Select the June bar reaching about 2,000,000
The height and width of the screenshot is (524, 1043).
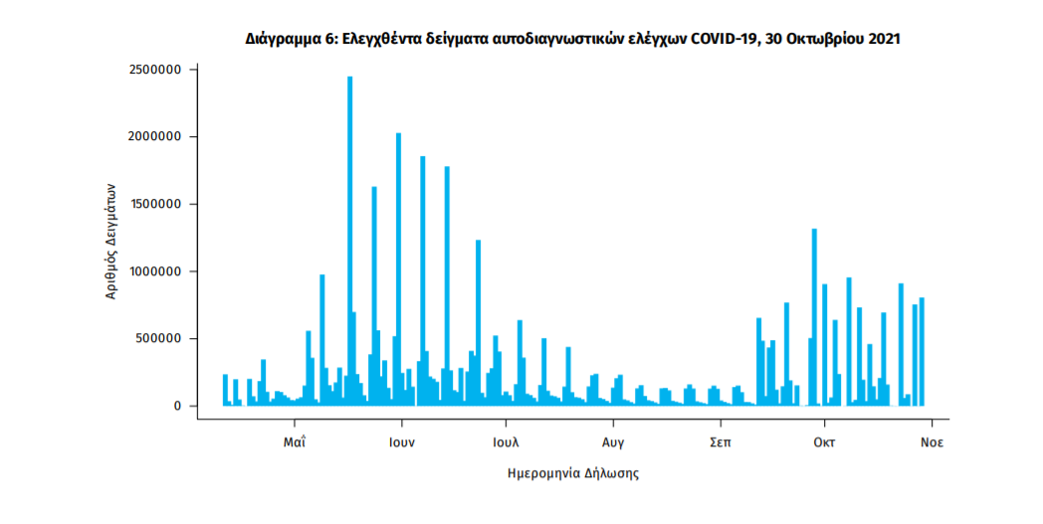(398, 268)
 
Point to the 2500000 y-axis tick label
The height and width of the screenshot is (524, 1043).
(155, 70)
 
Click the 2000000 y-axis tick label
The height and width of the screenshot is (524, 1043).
(155, 137)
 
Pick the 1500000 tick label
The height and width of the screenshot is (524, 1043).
(155, 204)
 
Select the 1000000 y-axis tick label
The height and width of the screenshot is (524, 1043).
(155, 271)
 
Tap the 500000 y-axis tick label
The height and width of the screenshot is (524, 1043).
(159, 339)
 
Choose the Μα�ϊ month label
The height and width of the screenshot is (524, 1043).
(293, 439)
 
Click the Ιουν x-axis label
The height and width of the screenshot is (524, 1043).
(401, 439)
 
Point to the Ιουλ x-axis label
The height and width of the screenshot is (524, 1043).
(506, 439)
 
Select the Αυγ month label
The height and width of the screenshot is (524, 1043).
(612, 439)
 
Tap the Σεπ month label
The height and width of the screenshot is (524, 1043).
(719, 439)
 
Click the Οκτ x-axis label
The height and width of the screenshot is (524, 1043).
(823, 439)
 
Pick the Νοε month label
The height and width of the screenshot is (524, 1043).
(931, 439)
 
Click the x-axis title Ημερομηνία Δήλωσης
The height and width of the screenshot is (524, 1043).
(573, 473)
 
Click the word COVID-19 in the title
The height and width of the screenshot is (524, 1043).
(725, 40)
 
